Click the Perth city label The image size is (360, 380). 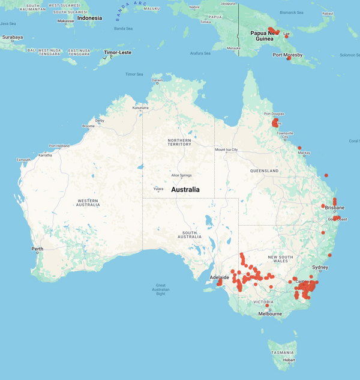click(37, 249)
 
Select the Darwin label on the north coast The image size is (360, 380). click(157, 80)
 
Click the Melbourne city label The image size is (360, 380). click(270, 313)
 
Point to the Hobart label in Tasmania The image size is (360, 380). click(289, 360)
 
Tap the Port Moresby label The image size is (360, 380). click(287, 55)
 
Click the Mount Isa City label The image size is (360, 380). click(227, 149)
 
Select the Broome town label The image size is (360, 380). click(88, 126)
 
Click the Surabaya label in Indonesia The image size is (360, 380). click(12, 37)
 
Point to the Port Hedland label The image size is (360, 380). click(60, 146)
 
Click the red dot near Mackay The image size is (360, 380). click(299, 148)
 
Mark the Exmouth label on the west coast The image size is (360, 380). click(23, 160)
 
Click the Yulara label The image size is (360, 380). click(158, 188)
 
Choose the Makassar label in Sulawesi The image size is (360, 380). click(65, 20)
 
